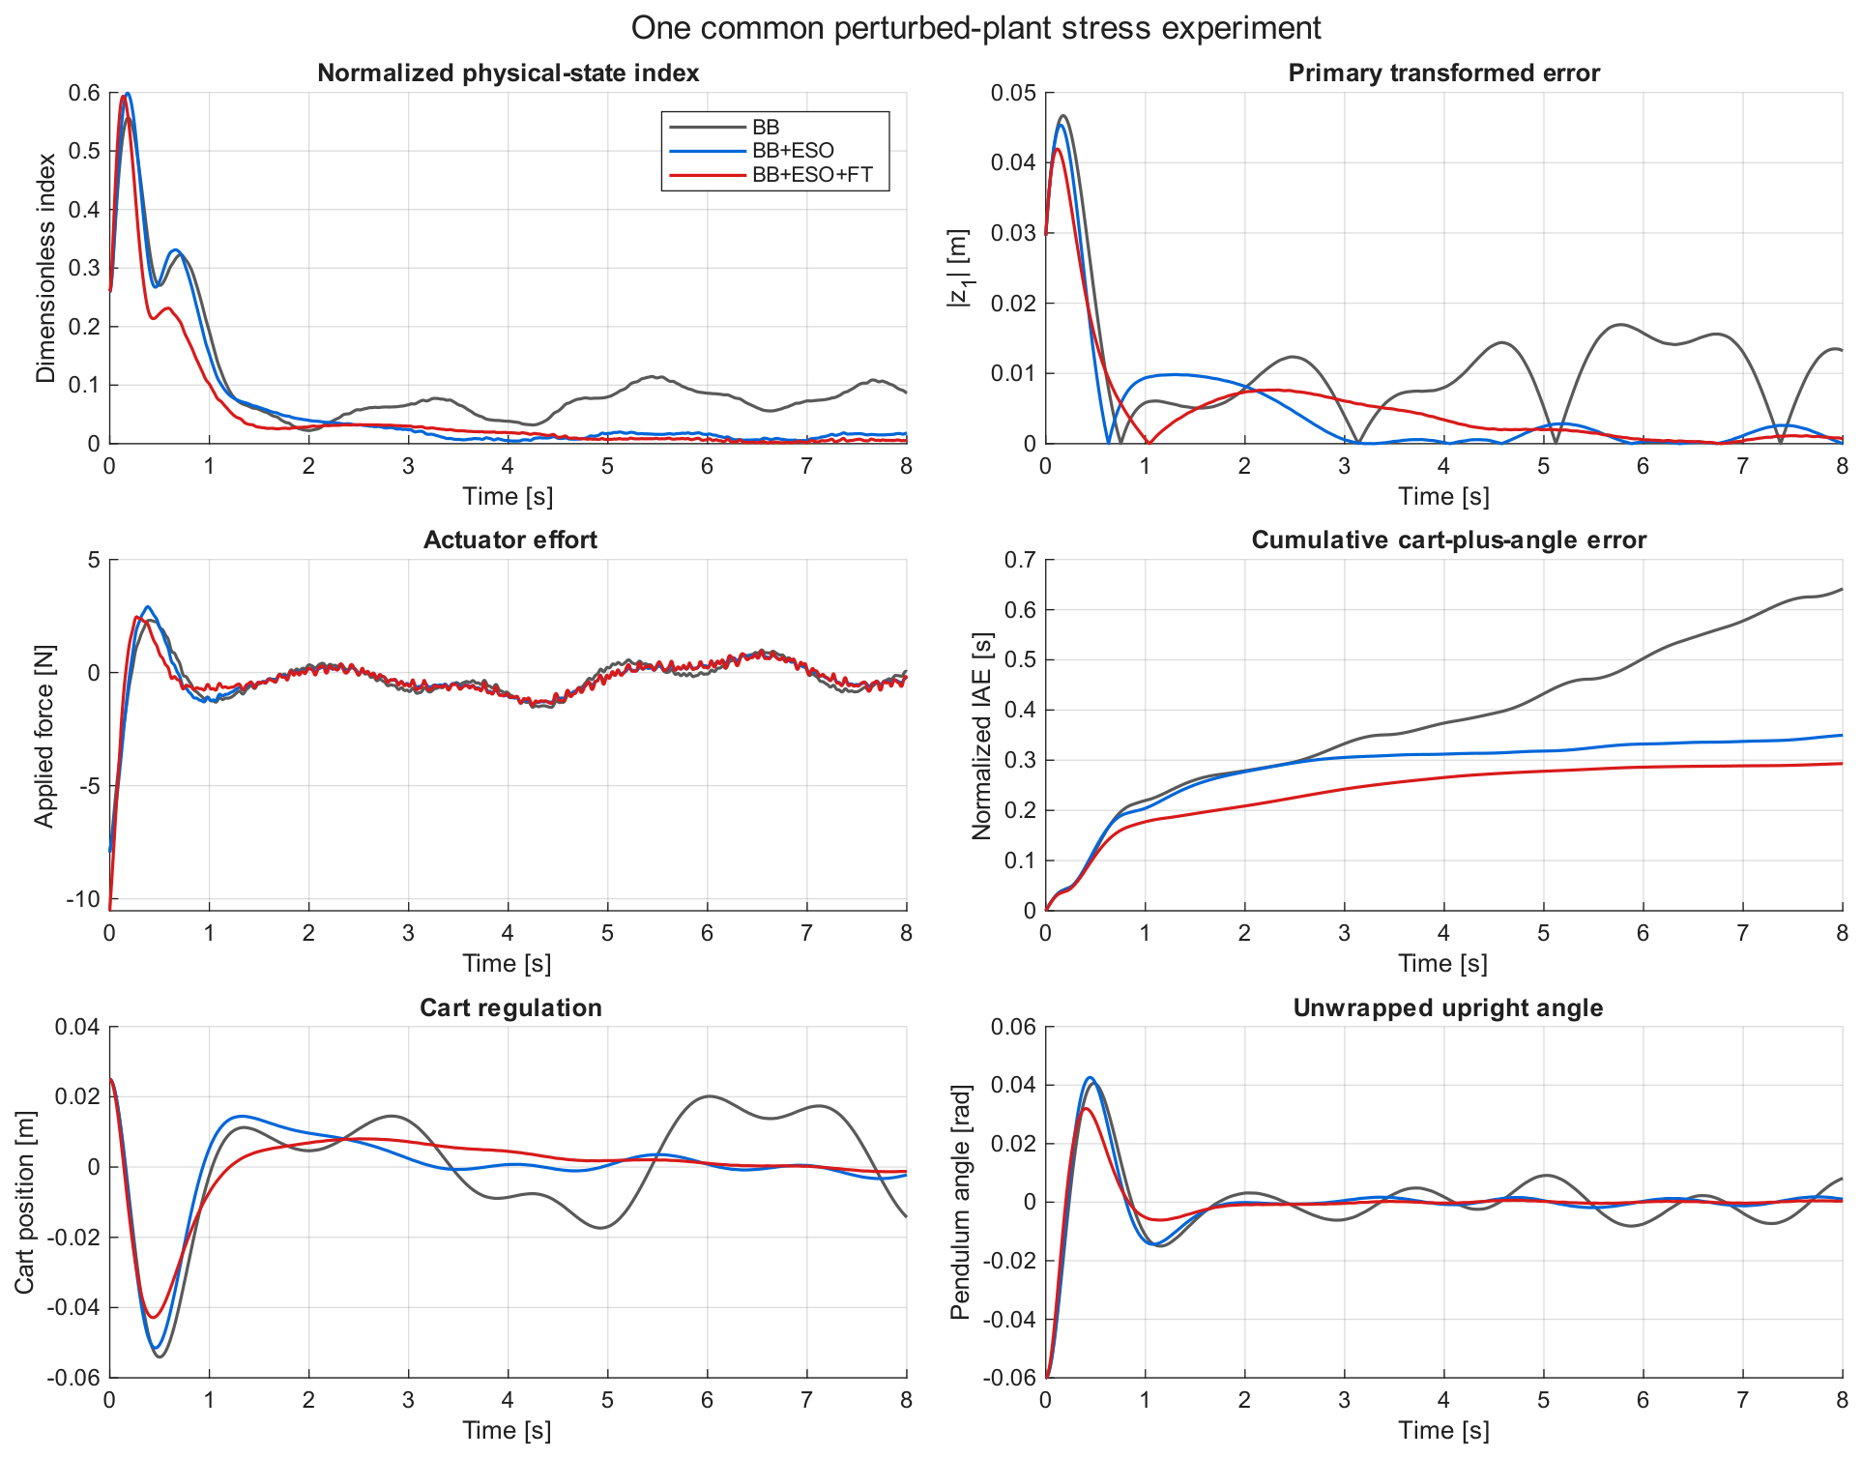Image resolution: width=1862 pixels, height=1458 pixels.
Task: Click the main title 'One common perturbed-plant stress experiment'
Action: pos(975,28)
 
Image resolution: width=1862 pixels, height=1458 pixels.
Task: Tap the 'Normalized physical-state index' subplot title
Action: pos(508,73)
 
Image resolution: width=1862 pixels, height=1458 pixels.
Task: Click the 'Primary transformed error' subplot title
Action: pos(1444,73)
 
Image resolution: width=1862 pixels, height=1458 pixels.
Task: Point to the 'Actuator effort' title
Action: pos(510,539)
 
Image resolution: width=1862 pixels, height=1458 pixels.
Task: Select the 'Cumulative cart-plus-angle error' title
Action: pos(1448,539)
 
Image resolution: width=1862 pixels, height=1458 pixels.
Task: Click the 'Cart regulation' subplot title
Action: pos(510,1007)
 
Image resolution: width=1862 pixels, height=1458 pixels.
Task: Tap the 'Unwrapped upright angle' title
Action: pos(1448,1007)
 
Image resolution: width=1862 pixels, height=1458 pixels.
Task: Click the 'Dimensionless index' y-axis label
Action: pos(45,269)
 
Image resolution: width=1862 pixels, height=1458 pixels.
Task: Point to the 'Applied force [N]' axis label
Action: pos(44,736)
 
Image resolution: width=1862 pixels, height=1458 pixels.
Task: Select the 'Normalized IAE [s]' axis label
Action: pos(981,736)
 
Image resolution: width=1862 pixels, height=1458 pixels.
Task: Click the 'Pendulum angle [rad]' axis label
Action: pos(960,1203)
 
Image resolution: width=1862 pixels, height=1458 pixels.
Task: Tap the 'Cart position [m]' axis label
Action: pos(24,1203)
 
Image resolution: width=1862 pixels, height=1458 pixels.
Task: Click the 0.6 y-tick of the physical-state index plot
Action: pos(85,93)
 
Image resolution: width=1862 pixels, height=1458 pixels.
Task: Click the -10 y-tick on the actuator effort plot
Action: pos(83,899)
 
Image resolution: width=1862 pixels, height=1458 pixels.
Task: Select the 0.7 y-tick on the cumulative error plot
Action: pos(1021,560)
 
